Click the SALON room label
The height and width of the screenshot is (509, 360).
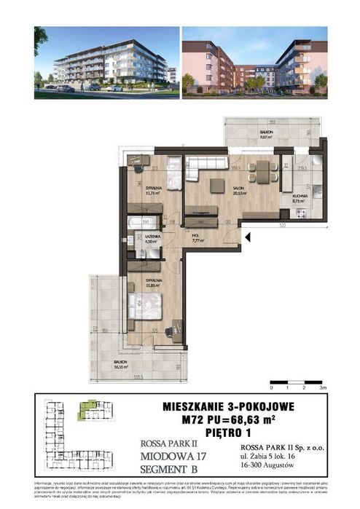click(238, 191)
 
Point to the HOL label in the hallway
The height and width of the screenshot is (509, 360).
click(196, 237)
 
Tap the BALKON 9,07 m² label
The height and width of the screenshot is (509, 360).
click(265, 134)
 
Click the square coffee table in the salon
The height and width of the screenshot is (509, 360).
click(217, 186)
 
